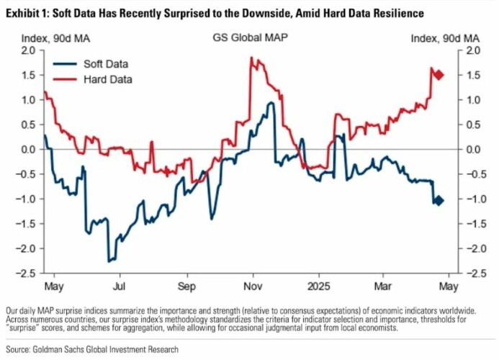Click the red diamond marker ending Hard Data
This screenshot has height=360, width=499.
439,75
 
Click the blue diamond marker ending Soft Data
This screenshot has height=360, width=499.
439,201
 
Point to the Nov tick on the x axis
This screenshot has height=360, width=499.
252,285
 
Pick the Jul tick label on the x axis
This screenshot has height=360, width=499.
118,285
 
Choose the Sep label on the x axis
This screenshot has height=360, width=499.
186,285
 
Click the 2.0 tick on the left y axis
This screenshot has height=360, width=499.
28,50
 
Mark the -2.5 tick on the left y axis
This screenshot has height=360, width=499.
27,274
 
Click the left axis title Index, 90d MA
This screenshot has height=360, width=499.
47,37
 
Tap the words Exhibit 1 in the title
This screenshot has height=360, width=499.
24,14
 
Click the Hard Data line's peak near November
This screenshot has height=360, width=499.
251,58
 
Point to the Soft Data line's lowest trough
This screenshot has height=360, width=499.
109,261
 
